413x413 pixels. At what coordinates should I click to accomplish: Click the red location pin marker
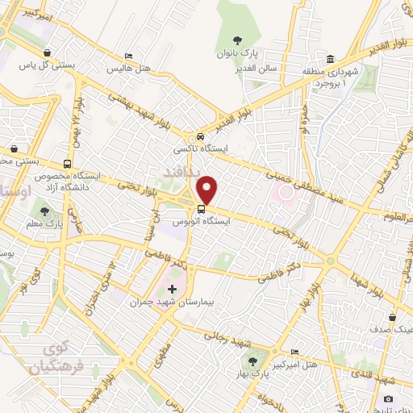(x=207, y=190)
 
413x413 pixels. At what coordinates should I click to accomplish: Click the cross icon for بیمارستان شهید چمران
(x=172, y=288)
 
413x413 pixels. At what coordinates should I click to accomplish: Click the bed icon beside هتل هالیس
(x=129, y=56)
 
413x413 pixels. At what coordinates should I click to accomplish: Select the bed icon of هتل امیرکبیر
(x=294, y=353)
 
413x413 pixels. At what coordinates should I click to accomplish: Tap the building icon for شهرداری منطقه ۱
(x=332, y=59)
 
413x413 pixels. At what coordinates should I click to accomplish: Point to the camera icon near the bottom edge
(x=388, y=398)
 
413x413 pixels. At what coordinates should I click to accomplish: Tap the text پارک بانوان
(x=236, y=53)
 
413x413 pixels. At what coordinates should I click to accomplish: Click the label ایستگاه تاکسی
(x=197, y=149)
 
